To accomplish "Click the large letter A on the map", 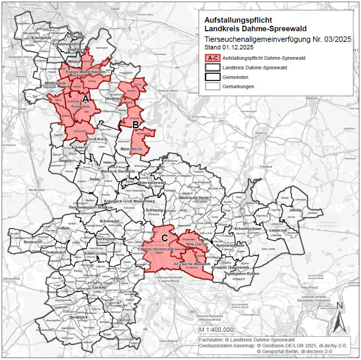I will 85,99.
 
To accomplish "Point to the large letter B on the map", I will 135,125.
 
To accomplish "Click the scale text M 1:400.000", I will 216,329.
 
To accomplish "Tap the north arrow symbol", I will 340,317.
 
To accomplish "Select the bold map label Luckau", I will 99,287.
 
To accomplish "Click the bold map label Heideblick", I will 79,317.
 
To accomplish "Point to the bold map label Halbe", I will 95,179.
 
